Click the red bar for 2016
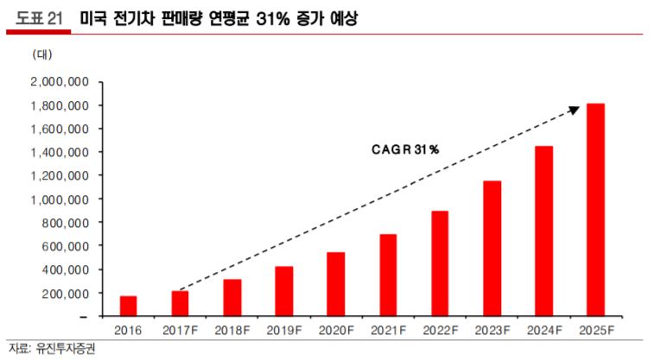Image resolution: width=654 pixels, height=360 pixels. [128, 306]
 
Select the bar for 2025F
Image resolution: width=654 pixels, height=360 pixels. [595, 210]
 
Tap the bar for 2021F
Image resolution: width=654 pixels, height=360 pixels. [387, 275]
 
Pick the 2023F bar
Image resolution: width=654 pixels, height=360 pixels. [492, 248]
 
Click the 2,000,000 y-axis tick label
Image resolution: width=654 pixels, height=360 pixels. [60, 82]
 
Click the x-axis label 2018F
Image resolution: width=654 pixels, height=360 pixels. [232, 330]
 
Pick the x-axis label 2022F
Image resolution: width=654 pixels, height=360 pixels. [440, 330]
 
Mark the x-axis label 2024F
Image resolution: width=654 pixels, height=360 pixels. [543, 330]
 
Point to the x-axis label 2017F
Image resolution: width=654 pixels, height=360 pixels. [180, 330]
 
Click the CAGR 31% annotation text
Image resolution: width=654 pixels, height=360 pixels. [400, 149]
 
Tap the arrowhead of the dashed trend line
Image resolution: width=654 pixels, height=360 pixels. [574, 109]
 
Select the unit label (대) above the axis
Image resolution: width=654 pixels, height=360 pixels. [42, 54]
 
